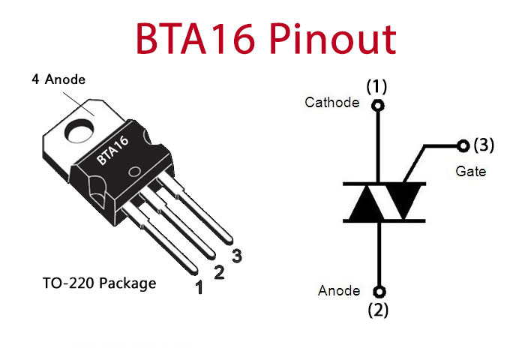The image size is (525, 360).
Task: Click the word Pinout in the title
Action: tap(333, 38)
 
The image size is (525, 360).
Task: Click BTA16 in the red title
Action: tap(195, 38)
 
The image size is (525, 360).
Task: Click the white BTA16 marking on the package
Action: tap(112, 150)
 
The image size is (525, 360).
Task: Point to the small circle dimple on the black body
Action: tap(134, 172)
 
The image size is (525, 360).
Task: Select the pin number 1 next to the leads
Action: tap(199, 287)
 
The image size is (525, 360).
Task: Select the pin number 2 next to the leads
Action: tap(219, 272)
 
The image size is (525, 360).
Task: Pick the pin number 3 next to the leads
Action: tap(237, 256)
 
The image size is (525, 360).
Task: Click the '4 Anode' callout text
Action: tap(58, 79)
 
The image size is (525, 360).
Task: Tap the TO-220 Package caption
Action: tap(100, 283)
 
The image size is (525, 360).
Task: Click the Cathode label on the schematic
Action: tap(331, 103)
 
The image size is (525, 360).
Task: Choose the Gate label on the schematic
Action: tap(470, 172)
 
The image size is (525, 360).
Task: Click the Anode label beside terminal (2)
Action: tap(339, 291)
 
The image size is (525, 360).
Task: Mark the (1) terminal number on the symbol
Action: tap(376, 86)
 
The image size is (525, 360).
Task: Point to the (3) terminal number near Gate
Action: tap(484, 145)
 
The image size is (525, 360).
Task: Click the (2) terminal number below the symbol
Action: tap(378, 310)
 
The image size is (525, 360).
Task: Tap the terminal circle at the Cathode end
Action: tap(378, 106)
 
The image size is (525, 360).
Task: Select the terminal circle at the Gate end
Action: tap(463, 145)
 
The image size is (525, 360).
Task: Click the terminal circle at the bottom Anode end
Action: tap(379, 292)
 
